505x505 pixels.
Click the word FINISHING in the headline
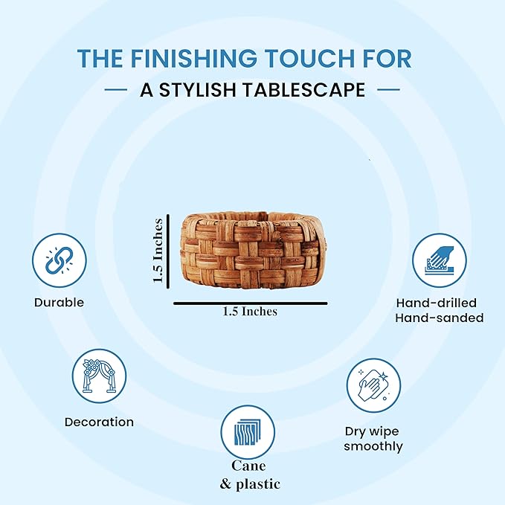193,58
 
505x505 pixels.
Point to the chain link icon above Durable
59,260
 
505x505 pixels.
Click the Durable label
59,303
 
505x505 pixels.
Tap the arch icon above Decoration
99,376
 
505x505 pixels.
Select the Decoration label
99,422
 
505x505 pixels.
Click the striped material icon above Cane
248,432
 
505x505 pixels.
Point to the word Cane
248,466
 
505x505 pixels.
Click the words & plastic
250,484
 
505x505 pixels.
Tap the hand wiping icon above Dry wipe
373,385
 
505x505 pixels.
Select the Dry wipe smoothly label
373,439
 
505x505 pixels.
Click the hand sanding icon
440,260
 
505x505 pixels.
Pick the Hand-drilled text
437,303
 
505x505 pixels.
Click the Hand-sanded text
440,318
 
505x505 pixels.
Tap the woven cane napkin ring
254,250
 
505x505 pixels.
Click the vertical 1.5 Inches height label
158,251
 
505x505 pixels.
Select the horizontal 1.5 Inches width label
250,312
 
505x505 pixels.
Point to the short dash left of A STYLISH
116,90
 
